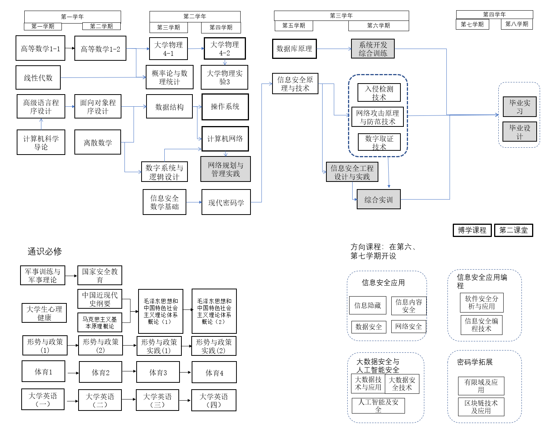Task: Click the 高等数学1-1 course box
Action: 40,48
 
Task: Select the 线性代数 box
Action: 38,78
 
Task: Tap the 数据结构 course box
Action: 169,107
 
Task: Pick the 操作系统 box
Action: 225,107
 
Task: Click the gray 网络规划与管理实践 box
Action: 225,169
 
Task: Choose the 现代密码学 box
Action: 226,202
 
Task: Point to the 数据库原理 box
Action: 294,49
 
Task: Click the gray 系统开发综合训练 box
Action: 373,49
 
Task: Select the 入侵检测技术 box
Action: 379,93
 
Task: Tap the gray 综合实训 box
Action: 378,200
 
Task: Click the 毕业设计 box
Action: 520,132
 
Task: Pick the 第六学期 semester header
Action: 378,25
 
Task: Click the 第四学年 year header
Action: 494,14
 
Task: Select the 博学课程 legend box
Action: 472,230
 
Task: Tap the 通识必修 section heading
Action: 44,251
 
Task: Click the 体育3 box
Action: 158,373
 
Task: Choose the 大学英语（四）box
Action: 214,400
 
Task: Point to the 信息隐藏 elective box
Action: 367,305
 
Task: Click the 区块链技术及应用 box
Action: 481,407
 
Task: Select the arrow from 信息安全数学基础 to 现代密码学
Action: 194,202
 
